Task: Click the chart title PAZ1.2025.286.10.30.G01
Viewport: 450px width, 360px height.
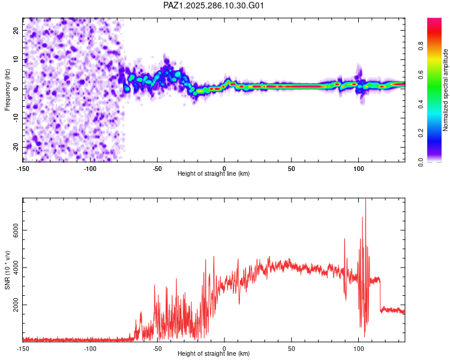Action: point(214,6)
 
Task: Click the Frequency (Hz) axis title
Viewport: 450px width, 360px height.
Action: point(8,89)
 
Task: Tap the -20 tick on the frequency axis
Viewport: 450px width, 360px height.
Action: point(16,147)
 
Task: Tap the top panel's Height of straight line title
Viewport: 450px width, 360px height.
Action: point(214,174)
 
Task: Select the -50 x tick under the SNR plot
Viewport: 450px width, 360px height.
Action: point(157,349)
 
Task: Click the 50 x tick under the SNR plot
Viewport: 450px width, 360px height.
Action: point(291,349)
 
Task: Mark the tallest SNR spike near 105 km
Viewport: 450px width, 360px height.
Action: point(365,202)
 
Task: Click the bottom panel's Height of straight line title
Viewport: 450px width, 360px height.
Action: point(214,354)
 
